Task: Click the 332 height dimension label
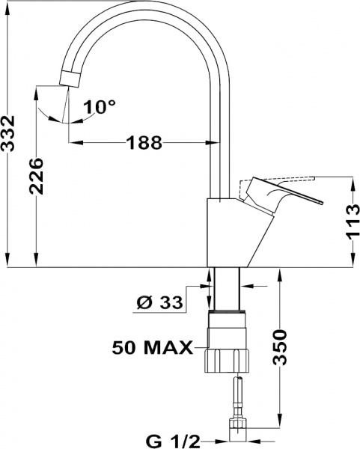(7, 133)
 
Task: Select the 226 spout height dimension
(36, 176)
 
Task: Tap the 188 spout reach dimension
(144, 142)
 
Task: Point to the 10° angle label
(100, 107)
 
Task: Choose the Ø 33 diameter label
(159, 302)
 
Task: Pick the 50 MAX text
(153, 348)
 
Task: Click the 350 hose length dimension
(279, 347)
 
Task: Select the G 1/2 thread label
(173, 442)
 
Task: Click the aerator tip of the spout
(70, 79)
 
